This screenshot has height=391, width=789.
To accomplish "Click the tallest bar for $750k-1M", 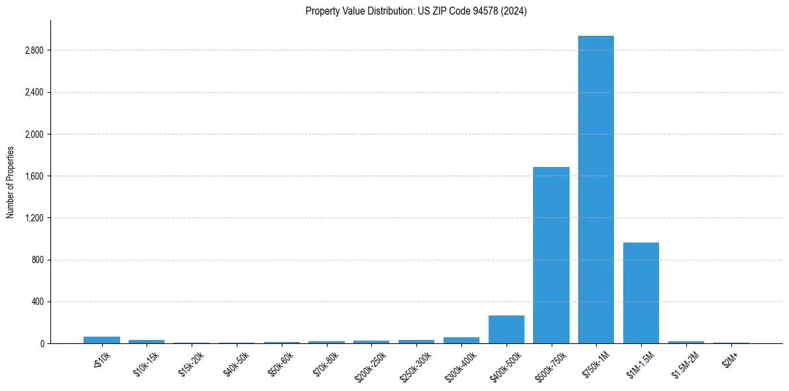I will tap(595, 190).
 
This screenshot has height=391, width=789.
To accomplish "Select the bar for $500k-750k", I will tap(551, 255).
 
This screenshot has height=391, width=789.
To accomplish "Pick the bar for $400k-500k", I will tap(506, 329).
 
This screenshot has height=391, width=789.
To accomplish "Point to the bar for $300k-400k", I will tap(461, 340).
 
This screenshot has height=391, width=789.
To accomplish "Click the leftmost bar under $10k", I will tap(101, 340).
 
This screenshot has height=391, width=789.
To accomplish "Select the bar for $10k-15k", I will tap(147, 341).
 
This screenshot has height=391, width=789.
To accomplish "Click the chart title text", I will tap(416, 11).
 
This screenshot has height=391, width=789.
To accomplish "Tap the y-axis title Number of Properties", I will tap(11, 182).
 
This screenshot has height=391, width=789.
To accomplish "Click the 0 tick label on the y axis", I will tap(42, 343).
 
